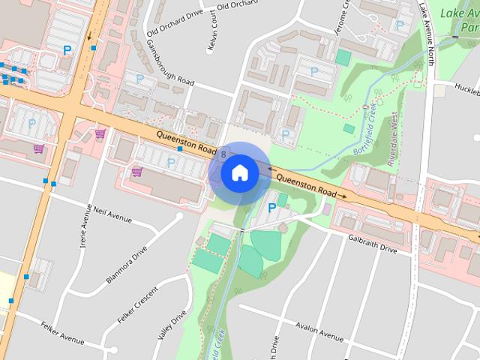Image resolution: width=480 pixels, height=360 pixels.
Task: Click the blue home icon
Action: coord(239,172)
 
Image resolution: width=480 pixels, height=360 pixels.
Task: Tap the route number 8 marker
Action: coord(224,154)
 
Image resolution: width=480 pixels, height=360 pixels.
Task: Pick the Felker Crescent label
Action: coord(137,306)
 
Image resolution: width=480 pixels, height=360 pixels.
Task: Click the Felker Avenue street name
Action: coord(62,339)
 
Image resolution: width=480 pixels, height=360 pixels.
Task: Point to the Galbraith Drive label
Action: coord(371,243)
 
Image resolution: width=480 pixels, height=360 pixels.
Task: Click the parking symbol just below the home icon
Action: coord(271,208)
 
